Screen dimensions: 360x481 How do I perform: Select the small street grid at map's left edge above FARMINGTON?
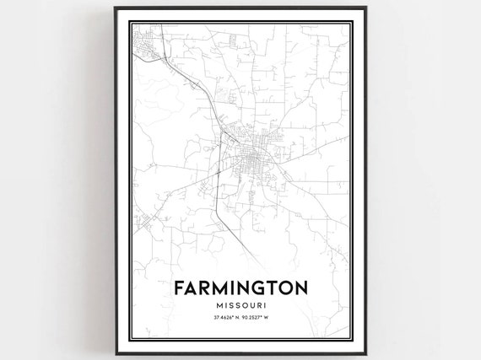tap(145, 222)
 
